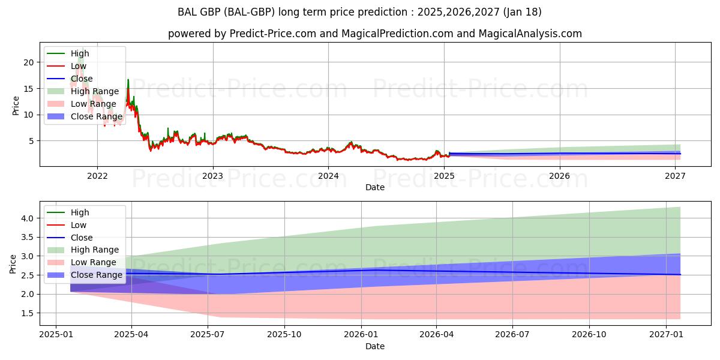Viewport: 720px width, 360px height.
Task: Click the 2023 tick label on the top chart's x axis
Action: [212, 176]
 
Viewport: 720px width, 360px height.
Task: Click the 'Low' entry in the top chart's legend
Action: [78, 66]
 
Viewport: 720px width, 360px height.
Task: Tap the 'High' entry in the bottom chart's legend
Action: [80, 212]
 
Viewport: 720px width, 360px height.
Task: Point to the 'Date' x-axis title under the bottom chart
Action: [375, 346]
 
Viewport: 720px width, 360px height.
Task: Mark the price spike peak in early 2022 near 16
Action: [128, 80]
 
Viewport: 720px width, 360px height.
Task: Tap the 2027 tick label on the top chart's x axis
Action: [676, 176]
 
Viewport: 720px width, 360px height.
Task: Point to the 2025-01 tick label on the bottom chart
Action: [55, 335]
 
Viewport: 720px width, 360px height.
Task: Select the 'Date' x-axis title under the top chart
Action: [375, 187]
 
